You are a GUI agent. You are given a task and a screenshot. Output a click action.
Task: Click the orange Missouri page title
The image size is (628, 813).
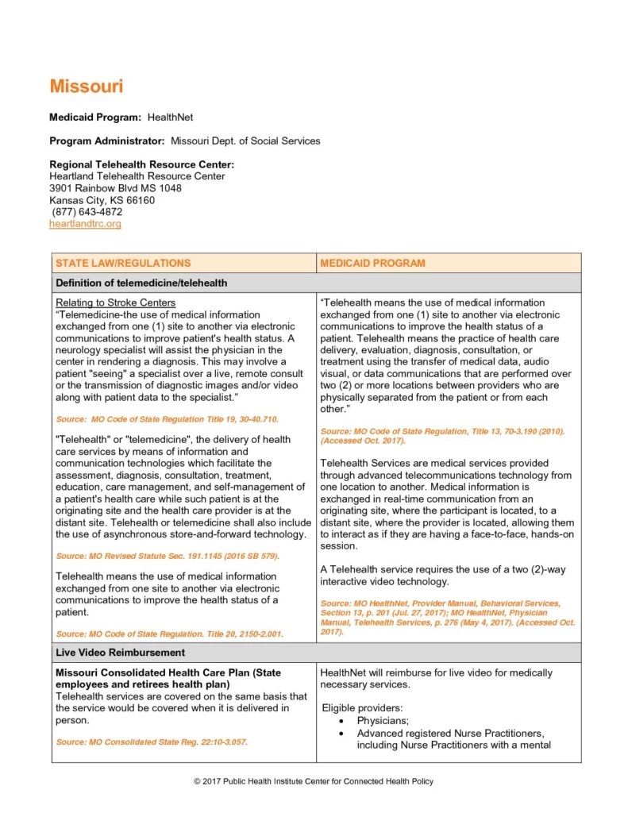[86, 86]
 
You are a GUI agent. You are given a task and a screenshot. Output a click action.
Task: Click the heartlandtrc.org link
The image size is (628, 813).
[85, 224]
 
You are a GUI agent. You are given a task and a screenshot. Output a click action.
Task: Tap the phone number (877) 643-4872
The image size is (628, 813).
[87, 212]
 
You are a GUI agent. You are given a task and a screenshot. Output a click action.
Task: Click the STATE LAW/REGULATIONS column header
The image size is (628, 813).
[123, 263]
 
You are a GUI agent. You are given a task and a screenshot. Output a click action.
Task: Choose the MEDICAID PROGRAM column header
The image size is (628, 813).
[372, 263]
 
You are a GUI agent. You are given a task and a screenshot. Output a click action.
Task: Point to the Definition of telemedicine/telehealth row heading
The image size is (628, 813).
[141, 283]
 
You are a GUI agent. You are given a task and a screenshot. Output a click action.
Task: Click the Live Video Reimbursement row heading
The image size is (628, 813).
[120, 653]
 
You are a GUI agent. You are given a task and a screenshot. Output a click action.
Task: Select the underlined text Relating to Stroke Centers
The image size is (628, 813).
[116, 302]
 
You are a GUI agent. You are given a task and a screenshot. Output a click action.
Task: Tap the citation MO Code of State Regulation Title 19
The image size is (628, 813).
[167, 418]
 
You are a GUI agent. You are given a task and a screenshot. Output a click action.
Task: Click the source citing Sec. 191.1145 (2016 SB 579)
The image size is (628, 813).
[167, 556]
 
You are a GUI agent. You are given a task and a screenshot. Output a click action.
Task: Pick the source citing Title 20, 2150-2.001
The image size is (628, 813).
[169, 634]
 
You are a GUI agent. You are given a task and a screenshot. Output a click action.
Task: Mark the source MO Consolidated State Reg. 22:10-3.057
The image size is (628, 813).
[152, 742]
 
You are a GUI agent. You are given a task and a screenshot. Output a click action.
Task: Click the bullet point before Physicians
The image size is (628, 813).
[341, 721]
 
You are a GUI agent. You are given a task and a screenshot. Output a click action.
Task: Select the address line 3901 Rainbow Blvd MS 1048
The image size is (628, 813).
[115, 188]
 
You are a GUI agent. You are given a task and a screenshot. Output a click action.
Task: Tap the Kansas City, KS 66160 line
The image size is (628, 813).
[102, 200]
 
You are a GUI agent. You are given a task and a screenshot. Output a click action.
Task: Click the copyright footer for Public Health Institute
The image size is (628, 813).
[314, 782]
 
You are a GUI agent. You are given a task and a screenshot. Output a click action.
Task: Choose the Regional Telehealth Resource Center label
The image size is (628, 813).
[141, 164]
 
